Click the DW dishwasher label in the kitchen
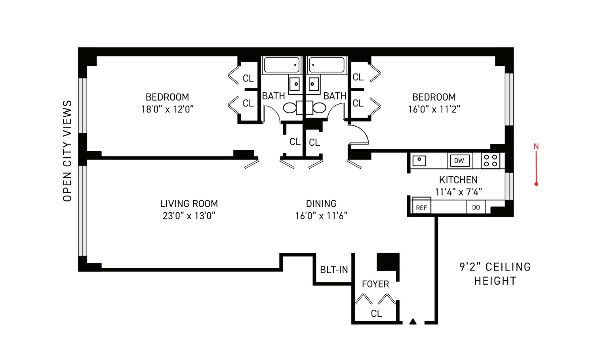pyautogui.click(x=459, y=161)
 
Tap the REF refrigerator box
pyautogui.click(x=421, y=208)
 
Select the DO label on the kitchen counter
pyautogui.click(x=476, y=208)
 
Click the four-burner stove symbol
pyautogui.click(x=490, y=161)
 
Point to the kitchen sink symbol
pyautogui.click(x=419, y=160)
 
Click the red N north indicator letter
pyautogui.click(x=536, y=147)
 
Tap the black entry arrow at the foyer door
pyautogui.click(x=413, y=322)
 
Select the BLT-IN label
pyautogui.click(x=334, y=270)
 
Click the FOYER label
pyautogui.click(x=375, y=284)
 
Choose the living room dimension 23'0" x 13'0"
pyautogui.click(x=189, y=216)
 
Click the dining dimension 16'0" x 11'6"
pyautogui.click(x=321, y=216)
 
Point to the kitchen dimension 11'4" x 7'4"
pyautogui.click(x=458, y=192)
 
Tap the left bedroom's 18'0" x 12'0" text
pyautogui.click(x=168, y=109)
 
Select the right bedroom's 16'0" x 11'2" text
pyautogui.click(x=434, y=109)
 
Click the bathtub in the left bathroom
pyautogui.click(x=282, y=65)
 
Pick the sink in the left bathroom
pyautogui.click(x=295, y=84)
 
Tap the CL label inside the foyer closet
pyautogui.click(x=376, y=314)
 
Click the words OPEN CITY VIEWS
pyautogui.click(x=67, y=151)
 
